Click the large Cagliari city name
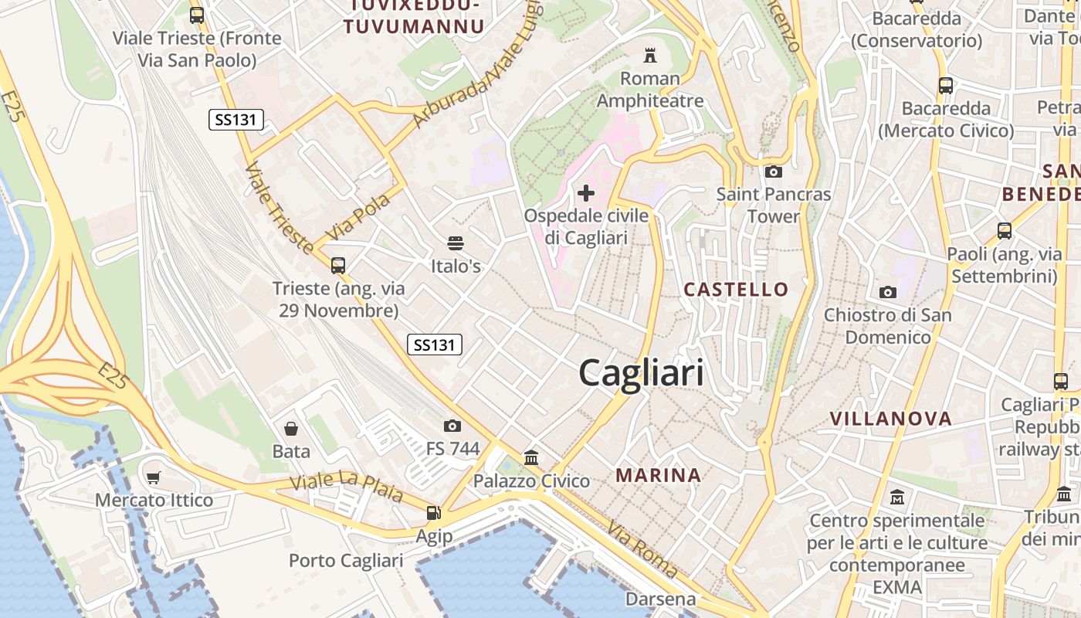[641, 373]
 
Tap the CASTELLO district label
[736, 290]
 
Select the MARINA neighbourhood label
[659, 475]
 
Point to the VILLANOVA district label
[891, 419]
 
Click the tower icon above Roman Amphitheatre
[650, 56]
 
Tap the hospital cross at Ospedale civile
[586, 192]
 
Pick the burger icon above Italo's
[456, 243]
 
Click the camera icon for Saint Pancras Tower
[773, 171]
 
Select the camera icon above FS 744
[452, 426]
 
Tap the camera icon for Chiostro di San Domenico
[888, 292]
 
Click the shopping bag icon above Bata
[291, 428]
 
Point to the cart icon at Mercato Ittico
[154, 477]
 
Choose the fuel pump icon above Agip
[434, 512]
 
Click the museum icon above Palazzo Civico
[531, 457]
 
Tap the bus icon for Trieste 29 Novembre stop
[337, 266]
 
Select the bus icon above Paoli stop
[1004, 230]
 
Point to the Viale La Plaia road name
[347, 485]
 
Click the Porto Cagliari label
[346, 560]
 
